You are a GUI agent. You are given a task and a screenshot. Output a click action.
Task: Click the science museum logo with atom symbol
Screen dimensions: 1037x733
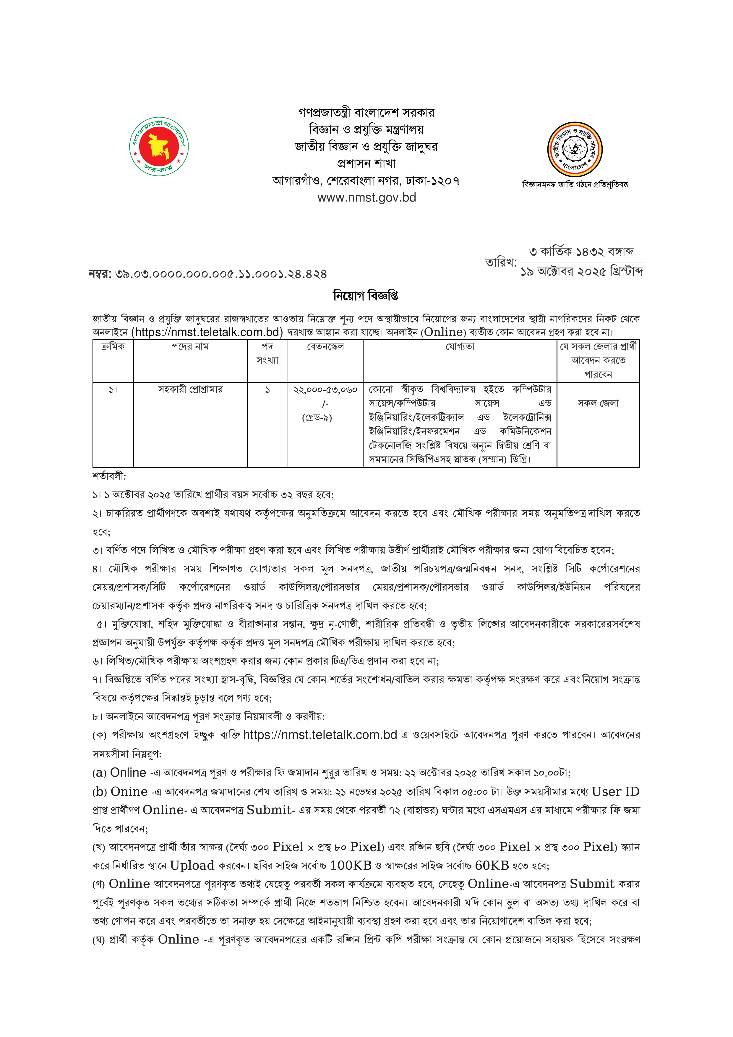575,149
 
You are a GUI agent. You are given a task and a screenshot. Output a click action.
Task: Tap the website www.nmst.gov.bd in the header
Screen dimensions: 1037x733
366,198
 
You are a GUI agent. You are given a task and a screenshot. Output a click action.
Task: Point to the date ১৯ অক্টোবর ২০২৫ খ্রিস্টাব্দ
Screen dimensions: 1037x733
581,272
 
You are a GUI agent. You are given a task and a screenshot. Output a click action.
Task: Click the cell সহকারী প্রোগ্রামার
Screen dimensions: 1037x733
190,389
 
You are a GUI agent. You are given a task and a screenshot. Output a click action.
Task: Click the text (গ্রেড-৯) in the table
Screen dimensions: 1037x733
317,418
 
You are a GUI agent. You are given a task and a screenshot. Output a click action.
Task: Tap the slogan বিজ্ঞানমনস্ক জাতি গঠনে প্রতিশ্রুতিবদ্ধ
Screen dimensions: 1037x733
575,184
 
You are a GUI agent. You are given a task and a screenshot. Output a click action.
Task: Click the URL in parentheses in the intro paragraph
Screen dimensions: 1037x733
207,332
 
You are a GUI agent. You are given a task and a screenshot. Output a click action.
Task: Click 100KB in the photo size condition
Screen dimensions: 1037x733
351,865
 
